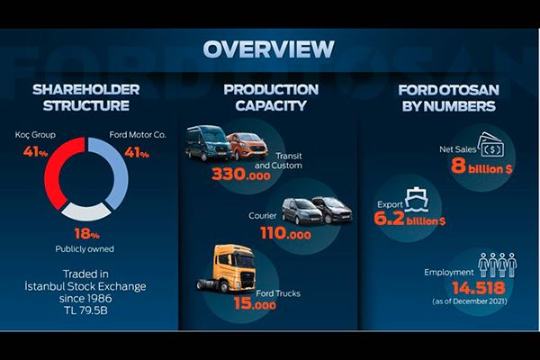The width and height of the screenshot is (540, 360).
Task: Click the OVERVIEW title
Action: click(268, 49)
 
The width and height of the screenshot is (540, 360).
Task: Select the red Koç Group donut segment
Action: click(52, 172)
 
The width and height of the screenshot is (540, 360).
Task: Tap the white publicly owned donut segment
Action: click(86, 212)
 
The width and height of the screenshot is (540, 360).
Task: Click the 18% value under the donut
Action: click(86, 234)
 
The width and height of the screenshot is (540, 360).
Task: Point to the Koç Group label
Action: click(35, 135)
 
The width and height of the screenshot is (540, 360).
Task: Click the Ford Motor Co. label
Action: click(138, 135)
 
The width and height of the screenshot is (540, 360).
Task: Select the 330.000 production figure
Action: click(241, 175)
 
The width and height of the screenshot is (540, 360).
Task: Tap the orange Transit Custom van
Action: click(247, 146)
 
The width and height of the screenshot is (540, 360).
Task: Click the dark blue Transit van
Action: click(208, 143)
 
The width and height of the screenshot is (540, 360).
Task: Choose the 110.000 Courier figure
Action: click(285, 233)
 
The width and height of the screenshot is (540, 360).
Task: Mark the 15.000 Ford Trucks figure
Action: click(255, 303)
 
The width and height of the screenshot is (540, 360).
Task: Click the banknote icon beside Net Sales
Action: click(490, 145)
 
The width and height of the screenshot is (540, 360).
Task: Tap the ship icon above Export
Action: click(417, 200)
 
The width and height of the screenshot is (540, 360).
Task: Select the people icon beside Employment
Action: click(498, 265)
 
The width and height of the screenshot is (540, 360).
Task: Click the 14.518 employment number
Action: click(479, 288)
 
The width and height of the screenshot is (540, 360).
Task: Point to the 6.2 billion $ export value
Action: click(409, 219)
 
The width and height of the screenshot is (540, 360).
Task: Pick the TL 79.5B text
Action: click(85, 310)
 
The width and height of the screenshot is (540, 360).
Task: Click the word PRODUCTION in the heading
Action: click(271, 90)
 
